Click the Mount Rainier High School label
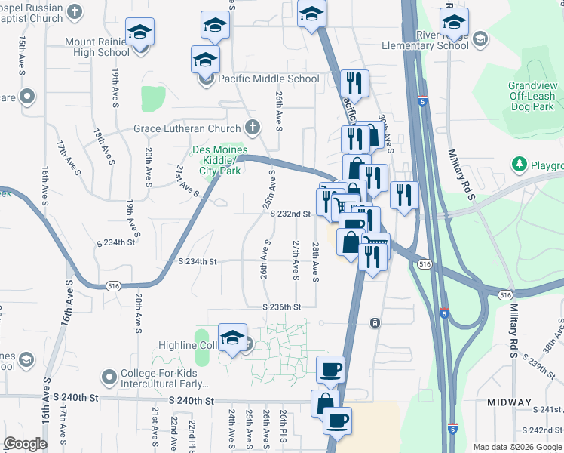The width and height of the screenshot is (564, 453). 103,47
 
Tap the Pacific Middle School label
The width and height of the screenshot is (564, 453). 268,79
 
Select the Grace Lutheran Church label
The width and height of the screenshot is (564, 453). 187,128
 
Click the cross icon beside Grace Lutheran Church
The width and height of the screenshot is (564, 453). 253,128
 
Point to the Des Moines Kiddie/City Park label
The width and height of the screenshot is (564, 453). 220,160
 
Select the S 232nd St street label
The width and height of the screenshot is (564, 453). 291,214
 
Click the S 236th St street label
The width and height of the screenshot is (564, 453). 281,307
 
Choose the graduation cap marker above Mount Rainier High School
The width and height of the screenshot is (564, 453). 139,32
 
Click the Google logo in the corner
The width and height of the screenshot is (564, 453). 25,444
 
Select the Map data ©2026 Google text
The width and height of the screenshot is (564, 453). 517,447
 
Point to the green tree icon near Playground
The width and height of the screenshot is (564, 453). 519,165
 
